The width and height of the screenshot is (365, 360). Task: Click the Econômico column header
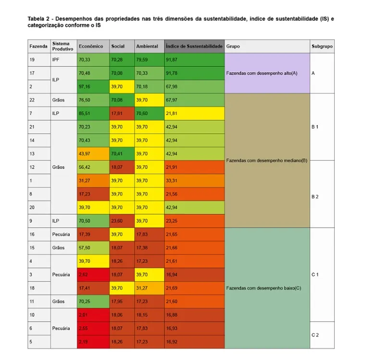click(x=93, y=46)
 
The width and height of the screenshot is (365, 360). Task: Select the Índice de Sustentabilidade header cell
click(x=194, y=46)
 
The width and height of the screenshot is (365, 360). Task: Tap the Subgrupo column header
click(x=322, y=46)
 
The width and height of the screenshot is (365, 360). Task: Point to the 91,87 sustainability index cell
click(x=194, y=60)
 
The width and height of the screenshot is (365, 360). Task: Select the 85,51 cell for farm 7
click(x=93, y=114)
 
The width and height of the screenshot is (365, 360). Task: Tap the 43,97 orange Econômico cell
click(x=93, y=154)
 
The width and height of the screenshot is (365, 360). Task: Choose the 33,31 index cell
click(x=194, y=180)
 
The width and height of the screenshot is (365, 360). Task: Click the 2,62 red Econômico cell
click(x=93, y=274)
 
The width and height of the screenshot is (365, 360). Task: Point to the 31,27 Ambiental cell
click(x=149, y=288)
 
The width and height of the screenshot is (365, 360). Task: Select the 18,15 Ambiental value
click(x=149, y=315)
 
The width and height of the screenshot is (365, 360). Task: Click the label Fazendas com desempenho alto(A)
click(x=262, y=73)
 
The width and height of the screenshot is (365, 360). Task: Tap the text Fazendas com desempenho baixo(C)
click(x=264, y=288)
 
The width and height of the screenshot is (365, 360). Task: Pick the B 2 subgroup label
click(x=315, y=197)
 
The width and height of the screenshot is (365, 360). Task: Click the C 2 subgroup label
click(x=315, y=335)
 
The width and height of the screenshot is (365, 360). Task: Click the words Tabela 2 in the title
click(x=38, y=19)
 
